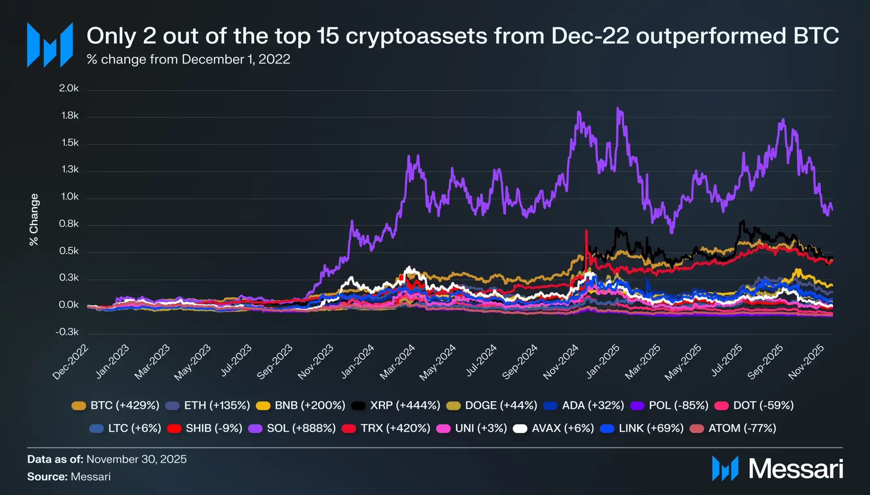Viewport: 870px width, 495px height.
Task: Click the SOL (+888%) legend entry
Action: click(292, 428)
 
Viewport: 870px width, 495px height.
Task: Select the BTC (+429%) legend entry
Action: click(116, 406)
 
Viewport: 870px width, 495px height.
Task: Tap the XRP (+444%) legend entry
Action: click(396, 406)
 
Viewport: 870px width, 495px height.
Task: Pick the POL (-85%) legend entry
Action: click(669, 406)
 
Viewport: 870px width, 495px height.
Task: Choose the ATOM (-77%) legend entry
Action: click(733, 428)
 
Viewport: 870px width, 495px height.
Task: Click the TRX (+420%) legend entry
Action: click(386, 428)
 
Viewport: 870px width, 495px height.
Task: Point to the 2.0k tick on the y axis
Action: click(69, 88)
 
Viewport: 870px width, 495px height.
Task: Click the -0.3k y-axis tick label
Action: click(67, 332)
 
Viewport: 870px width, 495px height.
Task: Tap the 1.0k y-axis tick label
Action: click(69, 197)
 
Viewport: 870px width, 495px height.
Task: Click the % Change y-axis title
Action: click(34, 219)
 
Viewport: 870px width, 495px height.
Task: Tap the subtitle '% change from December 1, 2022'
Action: click(188, 59)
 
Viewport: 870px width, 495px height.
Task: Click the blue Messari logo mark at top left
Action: click(50, 45)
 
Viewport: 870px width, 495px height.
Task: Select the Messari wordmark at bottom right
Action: click(796, 469)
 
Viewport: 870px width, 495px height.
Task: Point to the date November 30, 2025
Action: click(136, 459)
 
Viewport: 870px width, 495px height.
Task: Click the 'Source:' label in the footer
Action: click(47, 477)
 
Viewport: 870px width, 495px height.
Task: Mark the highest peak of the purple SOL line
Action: click(618, 108)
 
